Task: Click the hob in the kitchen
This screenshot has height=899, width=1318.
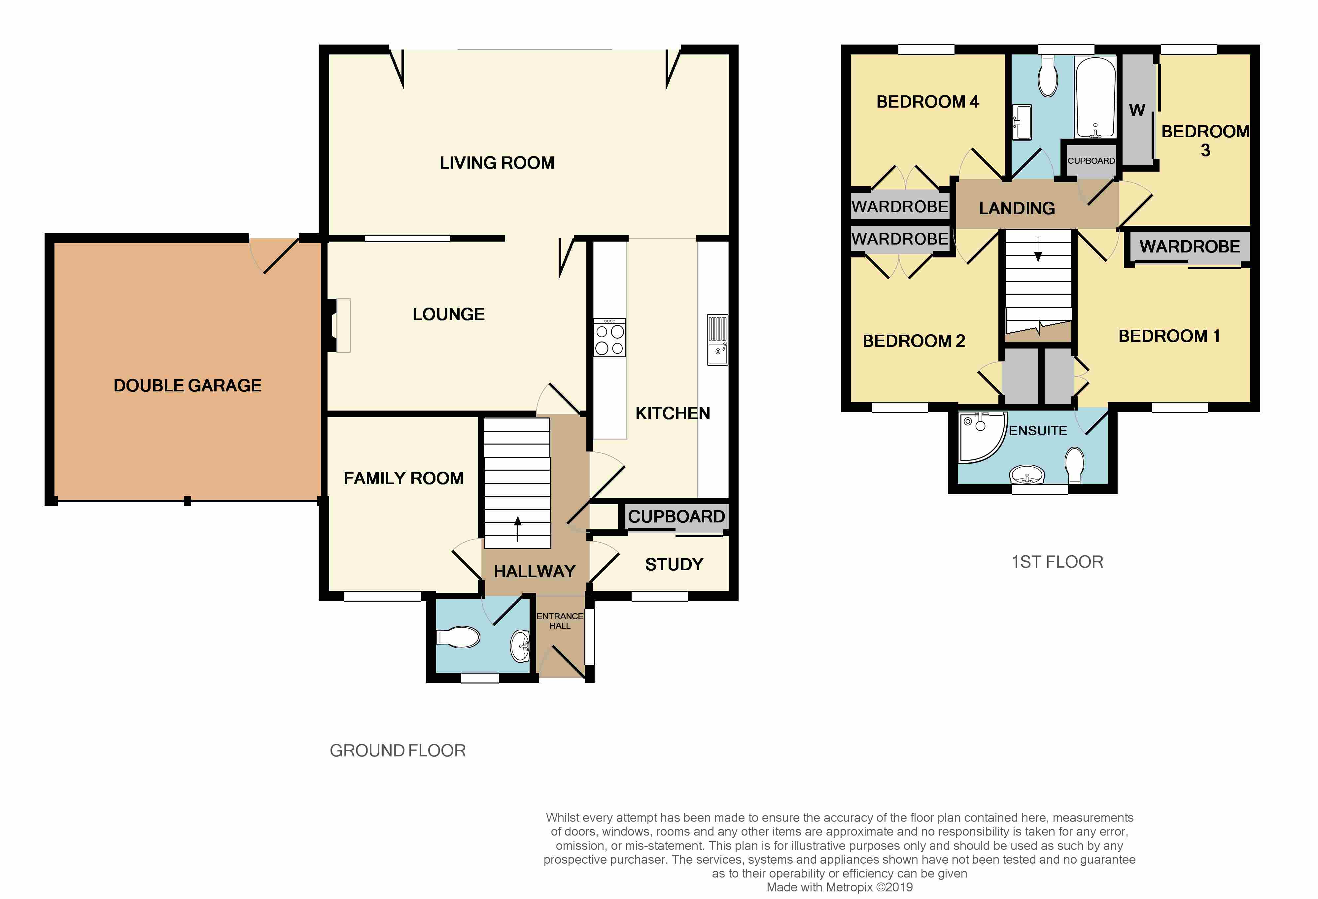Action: pos(610,337)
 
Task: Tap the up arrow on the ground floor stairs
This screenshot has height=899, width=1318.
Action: pos(517,529)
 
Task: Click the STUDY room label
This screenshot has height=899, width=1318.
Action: pos(674,565)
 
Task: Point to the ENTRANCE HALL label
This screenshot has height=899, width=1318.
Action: pos(560,621)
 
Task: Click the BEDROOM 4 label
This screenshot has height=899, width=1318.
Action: pos(927,102)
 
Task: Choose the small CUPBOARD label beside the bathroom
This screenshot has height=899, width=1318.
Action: pos(1091,161)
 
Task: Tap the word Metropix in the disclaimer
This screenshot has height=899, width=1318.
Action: pos(849,887)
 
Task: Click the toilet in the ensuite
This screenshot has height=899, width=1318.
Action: pos(1075,465)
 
